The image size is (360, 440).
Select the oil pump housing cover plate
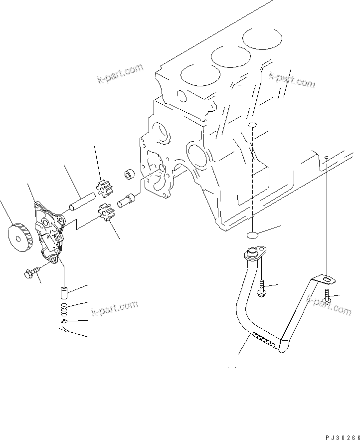point(50,234)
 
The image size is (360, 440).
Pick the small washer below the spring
point(65,322)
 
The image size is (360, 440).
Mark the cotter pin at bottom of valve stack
point(66,331)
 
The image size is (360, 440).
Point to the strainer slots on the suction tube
point(264,340)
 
